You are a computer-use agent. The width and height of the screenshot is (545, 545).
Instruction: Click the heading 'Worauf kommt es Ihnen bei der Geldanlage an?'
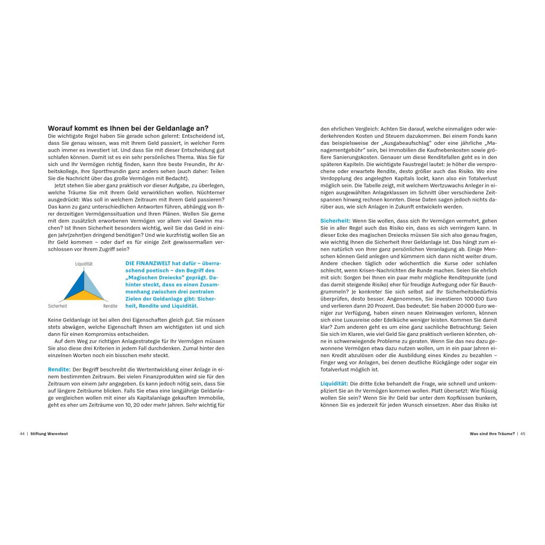[x=128, y=128]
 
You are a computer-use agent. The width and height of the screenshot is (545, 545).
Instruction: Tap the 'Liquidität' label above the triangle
[x=84, y=264]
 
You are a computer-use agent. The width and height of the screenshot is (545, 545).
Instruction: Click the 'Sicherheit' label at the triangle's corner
[x=57, y=306]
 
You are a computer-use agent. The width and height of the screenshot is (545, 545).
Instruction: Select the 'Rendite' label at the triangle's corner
[x=110, y=306]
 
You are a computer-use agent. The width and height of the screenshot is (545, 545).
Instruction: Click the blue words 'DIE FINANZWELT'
[x=144, y=263]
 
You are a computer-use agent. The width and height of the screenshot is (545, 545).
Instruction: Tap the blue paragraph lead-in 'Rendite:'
[x=59, y=369]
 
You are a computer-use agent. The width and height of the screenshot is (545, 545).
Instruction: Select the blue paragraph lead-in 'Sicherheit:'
[x=335, y=220]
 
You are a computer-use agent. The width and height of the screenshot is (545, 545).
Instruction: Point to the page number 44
[x=22, y=434]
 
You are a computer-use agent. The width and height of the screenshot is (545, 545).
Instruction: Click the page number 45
[x=523, y=434]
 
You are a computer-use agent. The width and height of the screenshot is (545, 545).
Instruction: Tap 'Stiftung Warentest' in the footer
[x=49, y=434]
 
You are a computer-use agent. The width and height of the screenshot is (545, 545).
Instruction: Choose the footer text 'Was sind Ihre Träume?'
[x=492, y=434]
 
